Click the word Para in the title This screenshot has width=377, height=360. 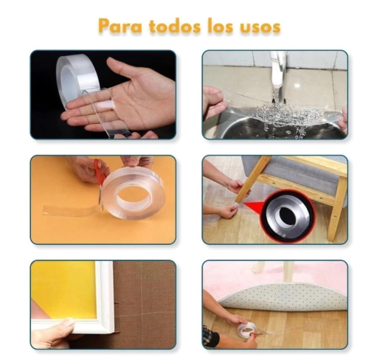click(120, 26)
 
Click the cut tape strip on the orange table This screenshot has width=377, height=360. click(72, 211)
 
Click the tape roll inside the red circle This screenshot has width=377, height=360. click(287, 216)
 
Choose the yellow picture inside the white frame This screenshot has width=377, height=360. click(64, 290)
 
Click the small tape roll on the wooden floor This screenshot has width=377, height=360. click(246, 329)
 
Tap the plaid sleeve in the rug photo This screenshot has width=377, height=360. click(210, 336)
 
